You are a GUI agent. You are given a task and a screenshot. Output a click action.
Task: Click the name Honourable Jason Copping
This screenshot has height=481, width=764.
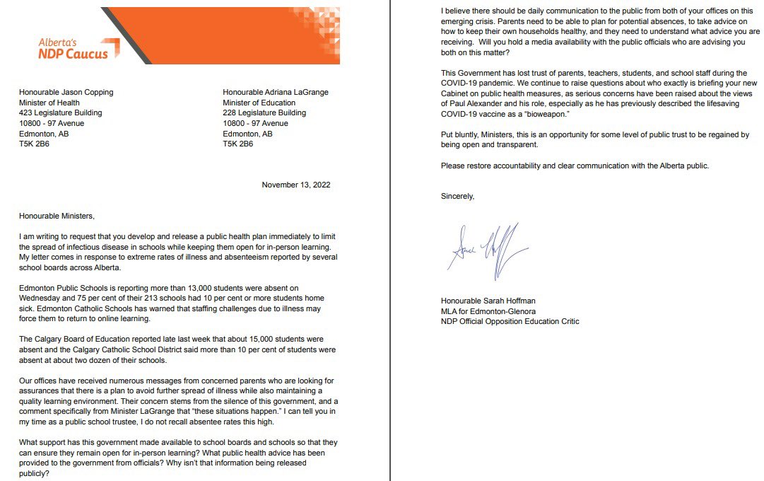click(66, 92)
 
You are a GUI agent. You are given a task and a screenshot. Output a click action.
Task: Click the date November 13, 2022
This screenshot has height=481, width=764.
click(295, 185)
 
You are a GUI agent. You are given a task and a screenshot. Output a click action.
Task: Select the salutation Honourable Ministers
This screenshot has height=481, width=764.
click(57, 216)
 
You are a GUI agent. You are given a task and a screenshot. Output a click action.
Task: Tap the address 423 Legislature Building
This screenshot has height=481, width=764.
click(61, 112)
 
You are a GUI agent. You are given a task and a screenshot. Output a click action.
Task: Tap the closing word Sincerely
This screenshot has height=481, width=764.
click(457, 196)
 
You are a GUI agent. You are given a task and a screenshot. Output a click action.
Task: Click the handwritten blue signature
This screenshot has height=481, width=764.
click(488, 248)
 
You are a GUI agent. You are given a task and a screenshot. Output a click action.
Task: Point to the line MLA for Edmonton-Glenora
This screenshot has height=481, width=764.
click(488, 312)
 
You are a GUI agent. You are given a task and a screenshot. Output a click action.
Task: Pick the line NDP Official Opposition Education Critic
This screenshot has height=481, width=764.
click(510, 322)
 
